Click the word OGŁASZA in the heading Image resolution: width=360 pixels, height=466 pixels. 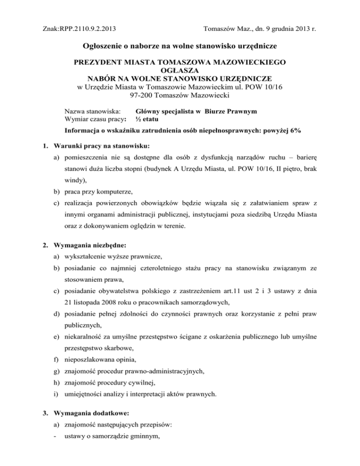[x=180, y=70]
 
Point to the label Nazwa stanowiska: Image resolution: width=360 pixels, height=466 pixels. [x=92, y=112]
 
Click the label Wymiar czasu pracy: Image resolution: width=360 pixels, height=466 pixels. [x=96, y=120]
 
